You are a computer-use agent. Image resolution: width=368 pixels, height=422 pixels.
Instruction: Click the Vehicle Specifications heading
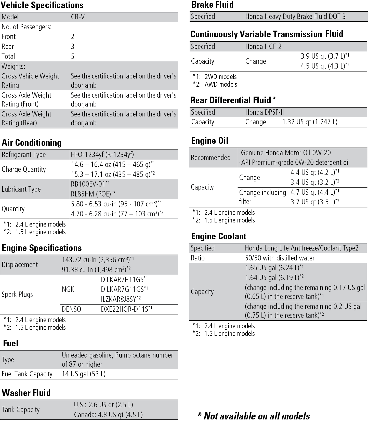(42, 5)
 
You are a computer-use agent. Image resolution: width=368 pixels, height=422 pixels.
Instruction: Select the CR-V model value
(78, 17)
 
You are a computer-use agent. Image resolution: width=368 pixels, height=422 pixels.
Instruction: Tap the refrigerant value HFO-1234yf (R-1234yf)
(102, 155)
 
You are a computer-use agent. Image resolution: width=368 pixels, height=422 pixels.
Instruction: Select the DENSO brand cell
(71, 309)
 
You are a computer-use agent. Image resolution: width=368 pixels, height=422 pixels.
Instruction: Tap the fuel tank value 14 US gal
(84, 374)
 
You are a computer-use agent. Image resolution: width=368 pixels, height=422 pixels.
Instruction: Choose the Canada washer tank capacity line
(108, 415)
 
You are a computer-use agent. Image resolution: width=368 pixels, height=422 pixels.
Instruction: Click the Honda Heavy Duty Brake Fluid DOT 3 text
(295, 17)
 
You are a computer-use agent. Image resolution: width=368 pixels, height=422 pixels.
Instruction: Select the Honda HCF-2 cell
(263, 47)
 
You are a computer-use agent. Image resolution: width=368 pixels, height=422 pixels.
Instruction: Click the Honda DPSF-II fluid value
(264, 112)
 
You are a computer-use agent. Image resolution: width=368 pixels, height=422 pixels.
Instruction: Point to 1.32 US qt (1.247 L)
(310, 122)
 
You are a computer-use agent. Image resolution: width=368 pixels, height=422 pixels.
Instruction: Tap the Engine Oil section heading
(209, 141)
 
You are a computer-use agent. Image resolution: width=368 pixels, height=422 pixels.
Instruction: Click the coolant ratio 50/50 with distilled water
(280, 258)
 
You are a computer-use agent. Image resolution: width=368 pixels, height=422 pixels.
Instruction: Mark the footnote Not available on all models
(254, 416)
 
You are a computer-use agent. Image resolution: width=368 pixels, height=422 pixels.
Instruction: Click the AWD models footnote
(221, 85)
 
